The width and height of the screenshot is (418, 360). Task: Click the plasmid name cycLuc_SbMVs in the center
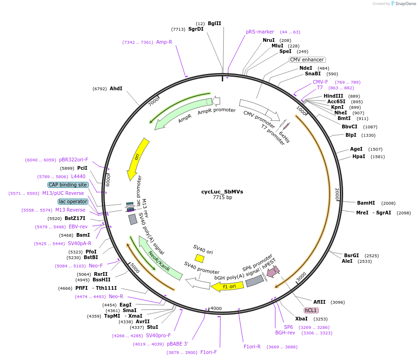tap(222, 192)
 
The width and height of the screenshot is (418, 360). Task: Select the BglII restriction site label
tap(214, 23)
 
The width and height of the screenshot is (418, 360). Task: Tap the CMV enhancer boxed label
tap(307, 60)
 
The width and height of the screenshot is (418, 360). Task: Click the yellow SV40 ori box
tap(199, 258)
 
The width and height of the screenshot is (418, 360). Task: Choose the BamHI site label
tap(365, 203)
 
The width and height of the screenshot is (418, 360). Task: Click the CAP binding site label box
tap(68, 185)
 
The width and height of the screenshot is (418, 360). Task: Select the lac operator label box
tap(73, 201)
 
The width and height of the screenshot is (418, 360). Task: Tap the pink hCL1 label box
tap(311, 310)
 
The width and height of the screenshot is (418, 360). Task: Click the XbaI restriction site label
tap(301, 319)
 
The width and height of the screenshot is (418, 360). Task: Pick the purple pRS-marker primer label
tap(260, 32)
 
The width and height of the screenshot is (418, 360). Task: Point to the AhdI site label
tap(116, 88)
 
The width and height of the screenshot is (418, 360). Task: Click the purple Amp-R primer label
tap(164, 42)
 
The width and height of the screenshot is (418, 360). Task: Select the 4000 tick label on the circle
tap(216, 308)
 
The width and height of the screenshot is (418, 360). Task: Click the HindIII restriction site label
tap(333, 96)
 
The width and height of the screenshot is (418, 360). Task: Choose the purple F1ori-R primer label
tap(252, 347)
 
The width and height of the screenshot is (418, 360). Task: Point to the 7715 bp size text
tap(222, 198)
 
